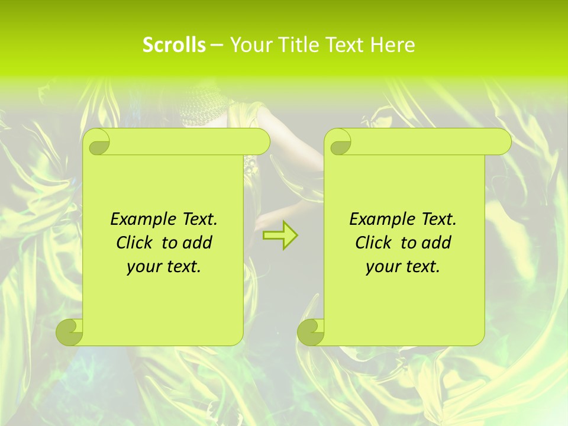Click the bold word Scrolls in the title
(x=174, y=45)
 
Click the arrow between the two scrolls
(x=280, y=235)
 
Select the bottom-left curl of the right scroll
(x=311, y=332)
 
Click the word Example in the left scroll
(x=140, y=220)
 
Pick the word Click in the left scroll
(x=135, y=243)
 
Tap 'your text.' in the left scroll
(x=164, y=267)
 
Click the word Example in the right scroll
(x=379, y=220)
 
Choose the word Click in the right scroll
(x=375, y=243)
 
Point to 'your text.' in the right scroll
(x=403, y=267)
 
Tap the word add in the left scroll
(x=198, y=243)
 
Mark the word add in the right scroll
(x=437, y=243)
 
